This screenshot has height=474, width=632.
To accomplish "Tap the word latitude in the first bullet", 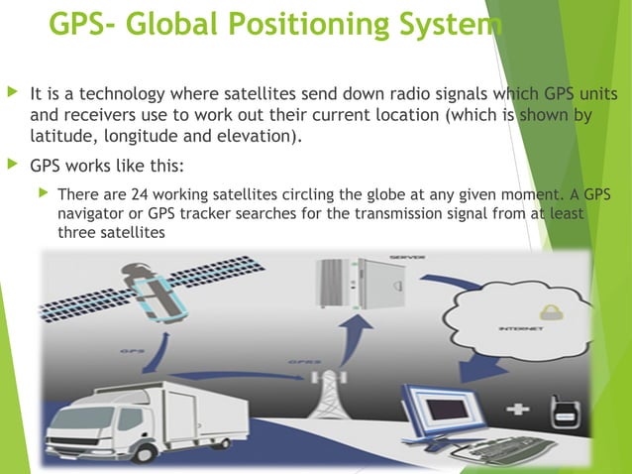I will (60, 136).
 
